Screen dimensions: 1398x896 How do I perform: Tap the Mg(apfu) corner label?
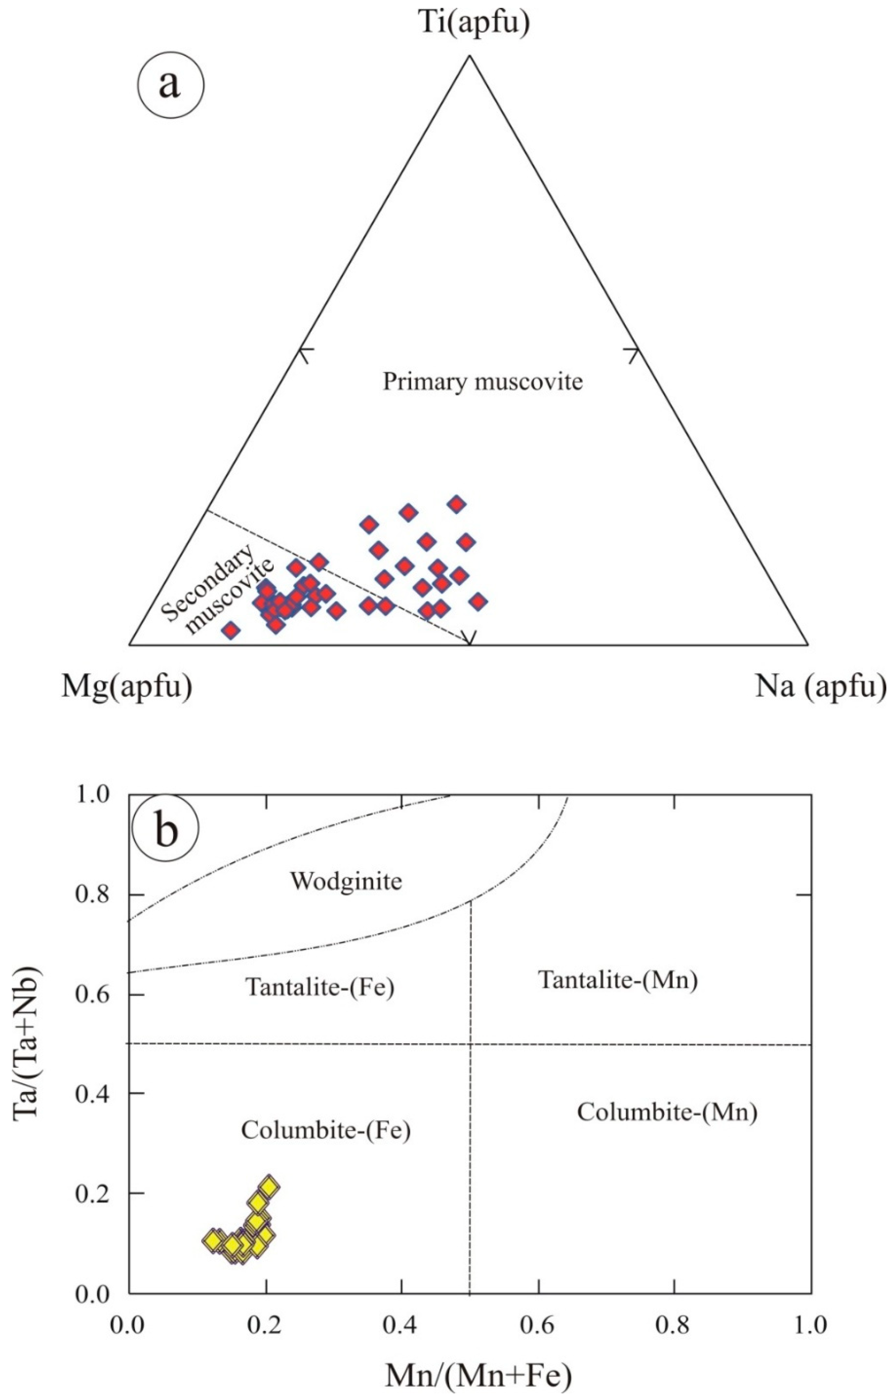[127, 686]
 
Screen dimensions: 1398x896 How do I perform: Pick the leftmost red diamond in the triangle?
[231, 630]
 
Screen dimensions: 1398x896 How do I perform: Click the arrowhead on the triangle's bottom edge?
[470, 639]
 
